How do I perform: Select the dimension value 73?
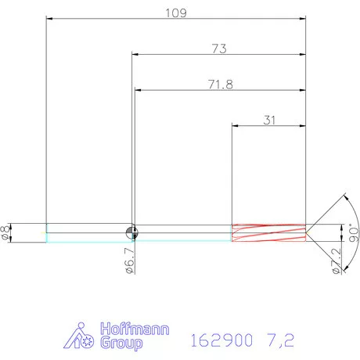pyautogui.click(x=219, y=49)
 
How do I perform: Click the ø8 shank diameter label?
pyautogui.click(x=6, y=232)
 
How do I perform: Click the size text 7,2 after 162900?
pyautogui.click(x=280, y=340)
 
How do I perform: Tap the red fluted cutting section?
pyautogui.click(x=268, y=232)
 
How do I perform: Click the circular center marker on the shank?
pyautogui.click(x=132, y=232)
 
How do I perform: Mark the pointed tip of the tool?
pyautogui.click(x=307, y=232)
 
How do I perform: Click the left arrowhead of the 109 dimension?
pyautogui.click(x=50, y=18)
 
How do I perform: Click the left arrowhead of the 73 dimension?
pyautogui.click(x=135, y=55)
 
